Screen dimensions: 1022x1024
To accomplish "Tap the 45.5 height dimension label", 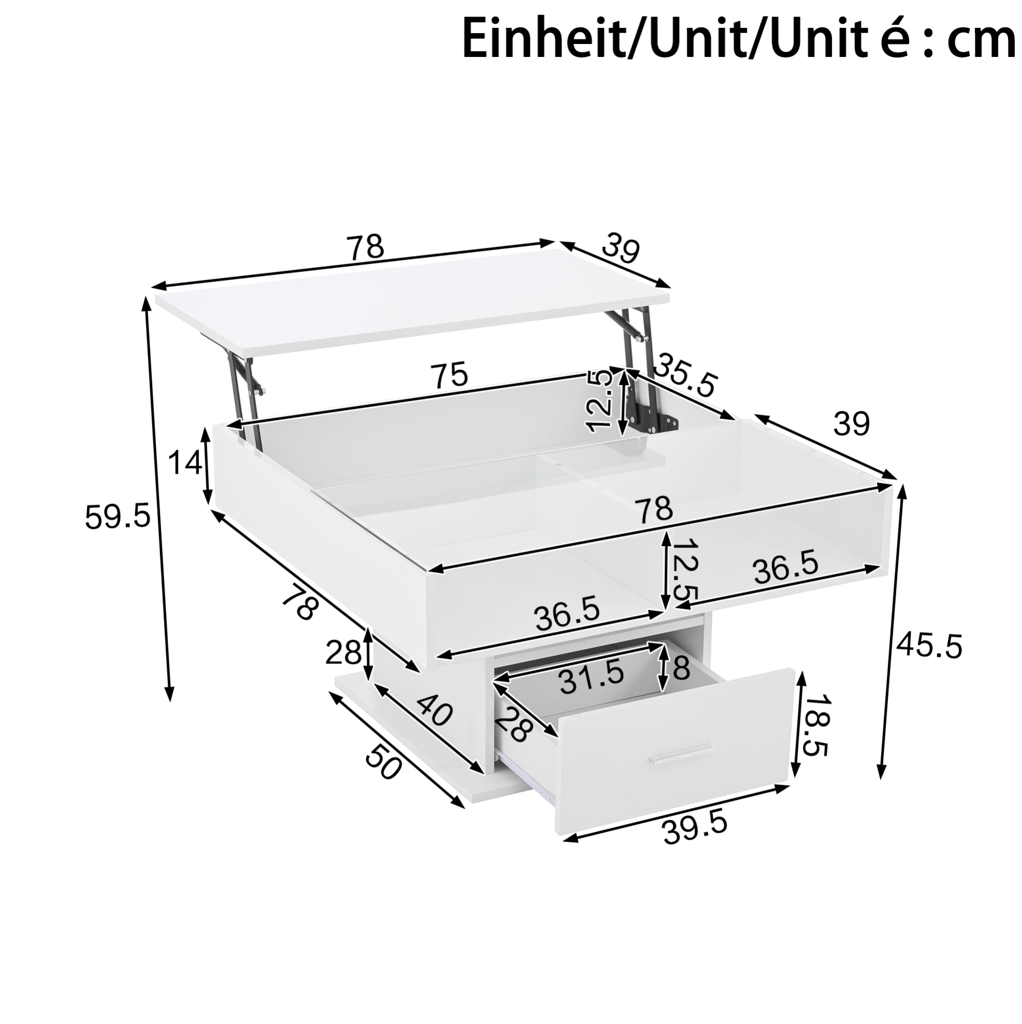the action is tap(929, 647).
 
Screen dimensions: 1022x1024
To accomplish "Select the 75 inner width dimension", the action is tap(450, 374).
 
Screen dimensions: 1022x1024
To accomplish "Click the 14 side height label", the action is tap(185, 464).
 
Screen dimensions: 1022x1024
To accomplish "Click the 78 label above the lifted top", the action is tap(365, 248).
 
